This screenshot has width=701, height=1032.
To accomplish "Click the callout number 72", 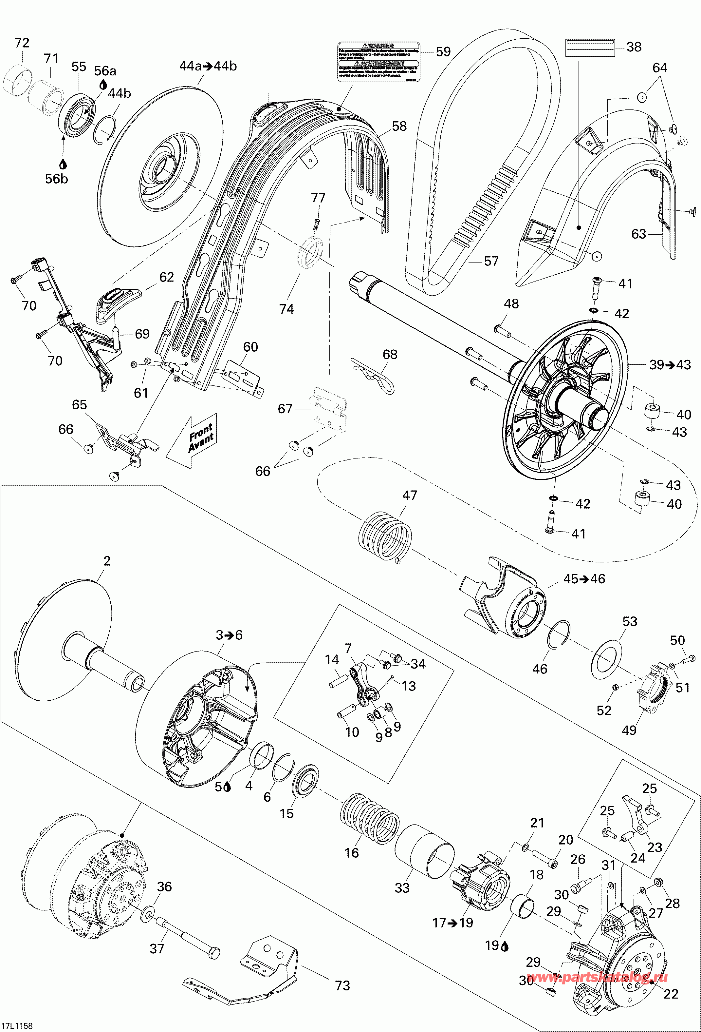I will pos(22,43).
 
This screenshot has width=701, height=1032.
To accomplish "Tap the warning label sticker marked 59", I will pos(378,62).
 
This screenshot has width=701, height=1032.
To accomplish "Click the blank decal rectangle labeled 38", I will pos(590,47).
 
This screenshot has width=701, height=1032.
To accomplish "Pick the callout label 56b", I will pos(56,179).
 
